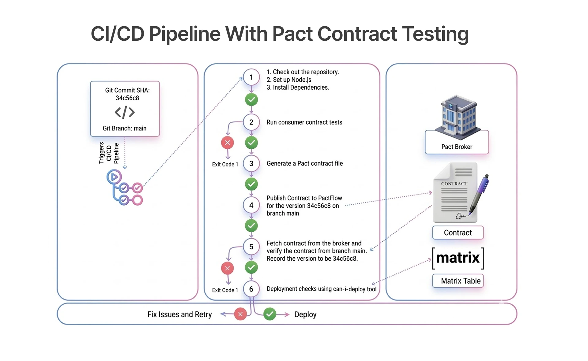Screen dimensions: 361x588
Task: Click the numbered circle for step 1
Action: coord(251,77)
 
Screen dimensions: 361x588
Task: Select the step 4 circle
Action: coord(251,205)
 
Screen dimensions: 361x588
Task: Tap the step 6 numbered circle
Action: coord(251,289)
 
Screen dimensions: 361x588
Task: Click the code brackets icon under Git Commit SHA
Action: coord(125,112)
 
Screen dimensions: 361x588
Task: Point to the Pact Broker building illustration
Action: coord(458,116)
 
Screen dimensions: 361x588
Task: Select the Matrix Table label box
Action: coord(458,281)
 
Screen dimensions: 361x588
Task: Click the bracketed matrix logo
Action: coord(458,258)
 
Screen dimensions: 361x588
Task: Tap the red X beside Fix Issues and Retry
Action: coord(240,314)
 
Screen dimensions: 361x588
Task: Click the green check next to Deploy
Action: coord(269,314)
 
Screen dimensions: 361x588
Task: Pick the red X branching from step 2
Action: coord(228,143)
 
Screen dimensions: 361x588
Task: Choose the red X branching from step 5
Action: coord(228,268)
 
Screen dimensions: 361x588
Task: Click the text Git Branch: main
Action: coord(125,128)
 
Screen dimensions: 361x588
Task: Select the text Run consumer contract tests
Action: coord(304,122)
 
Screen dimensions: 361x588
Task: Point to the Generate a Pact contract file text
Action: coord(305,163)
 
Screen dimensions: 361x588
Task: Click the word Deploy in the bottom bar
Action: coord(305,314)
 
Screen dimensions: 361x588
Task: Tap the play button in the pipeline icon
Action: coord(114,177)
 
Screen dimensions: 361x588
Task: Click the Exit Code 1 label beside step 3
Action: coord(225,164)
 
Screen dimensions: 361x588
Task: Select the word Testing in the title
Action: coord(435,34)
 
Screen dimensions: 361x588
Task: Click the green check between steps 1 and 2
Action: coord(251,99)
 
